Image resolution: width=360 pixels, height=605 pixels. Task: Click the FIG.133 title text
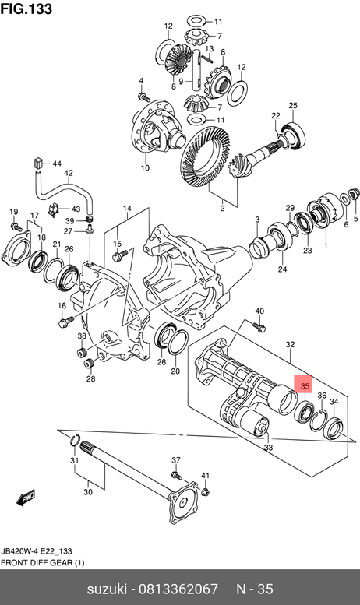pos(26,9)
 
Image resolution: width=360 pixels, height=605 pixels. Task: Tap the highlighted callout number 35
pos(305,386)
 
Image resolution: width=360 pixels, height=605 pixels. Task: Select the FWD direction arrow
pos(26,498)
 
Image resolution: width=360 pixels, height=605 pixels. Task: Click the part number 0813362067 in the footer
pos(178,589)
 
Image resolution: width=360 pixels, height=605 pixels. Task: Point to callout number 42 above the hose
pos(69,173)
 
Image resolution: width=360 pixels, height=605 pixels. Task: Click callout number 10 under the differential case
pos(145,168)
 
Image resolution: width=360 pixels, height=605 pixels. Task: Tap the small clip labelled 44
pos(37,163)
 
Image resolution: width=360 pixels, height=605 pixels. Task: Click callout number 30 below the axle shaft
pos(88,492)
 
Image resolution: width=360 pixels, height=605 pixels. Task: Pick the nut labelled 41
pos(206,491)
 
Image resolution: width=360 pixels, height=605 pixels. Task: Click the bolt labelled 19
pos(15,226)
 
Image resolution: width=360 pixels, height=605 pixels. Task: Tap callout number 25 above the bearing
pos(293,105)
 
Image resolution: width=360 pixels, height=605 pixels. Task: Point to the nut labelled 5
pos(351,194)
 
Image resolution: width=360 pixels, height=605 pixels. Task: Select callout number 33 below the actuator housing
pos(269,448)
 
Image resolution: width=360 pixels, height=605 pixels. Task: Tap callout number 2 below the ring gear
pos(222,209)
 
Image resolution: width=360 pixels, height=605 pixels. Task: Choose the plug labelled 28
pos(90,363)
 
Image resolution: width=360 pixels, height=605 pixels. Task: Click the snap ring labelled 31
pos(75,439)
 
